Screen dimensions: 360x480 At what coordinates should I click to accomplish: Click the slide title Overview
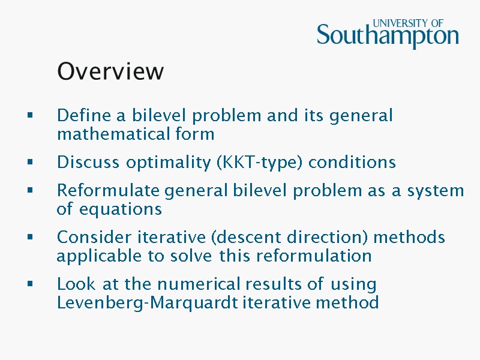[x=110, y=71]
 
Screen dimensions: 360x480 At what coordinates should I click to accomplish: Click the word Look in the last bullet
[x=71, y=284]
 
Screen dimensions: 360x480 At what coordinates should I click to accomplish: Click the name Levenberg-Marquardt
[x=148, y=302]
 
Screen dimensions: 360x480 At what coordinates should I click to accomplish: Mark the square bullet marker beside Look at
[x=29, y=284]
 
